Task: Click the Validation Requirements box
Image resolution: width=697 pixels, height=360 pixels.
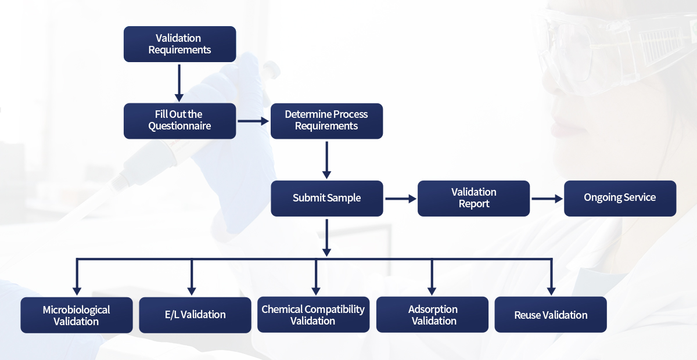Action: [179, 44]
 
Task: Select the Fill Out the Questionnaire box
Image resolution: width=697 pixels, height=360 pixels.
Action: [179, 121]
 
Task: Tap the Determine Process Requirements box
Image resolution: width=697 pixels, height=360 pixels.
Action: [326, 121]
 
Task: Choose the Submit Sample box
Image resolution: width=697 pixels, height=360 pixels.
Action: [326, 198]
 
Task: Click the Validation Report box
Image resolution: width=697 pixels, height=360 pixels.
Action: [473, 198]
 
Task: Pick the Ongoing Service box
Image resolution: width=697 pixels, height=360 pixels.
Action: [620, 198]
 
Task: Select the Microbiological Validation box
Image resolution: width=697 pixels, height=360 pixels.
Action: [76, 315]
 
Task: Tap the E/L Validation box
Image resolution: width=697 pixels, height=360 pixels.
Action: [195, 315]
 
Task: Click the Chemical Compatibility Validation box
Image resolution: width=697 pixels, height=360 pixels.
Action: [313, 315]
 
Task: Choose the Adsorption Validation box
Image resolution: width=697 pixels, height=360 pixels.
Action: [432, 315]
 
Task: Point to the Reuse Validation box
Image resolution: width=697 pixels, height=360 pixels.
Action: [551, 315]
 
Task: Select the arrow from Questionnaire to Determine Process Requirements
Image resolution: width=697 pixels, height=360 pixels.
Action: [253, 121]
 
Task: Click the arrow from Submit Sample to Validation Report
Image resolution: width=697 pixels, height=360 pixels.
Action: [401, 199]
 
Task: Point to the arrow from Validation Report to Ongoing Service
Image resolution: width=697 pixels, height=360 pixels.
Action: [547, 199]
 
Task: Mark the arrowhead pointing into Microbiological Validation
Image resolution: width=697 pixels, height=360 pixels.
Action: [76, 290]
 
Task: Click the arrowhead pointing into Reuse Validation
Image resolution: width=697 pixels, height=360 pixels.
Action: [551, 290]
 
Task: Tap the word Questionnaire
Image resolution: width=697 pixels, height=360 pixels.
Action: [179, 126]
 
